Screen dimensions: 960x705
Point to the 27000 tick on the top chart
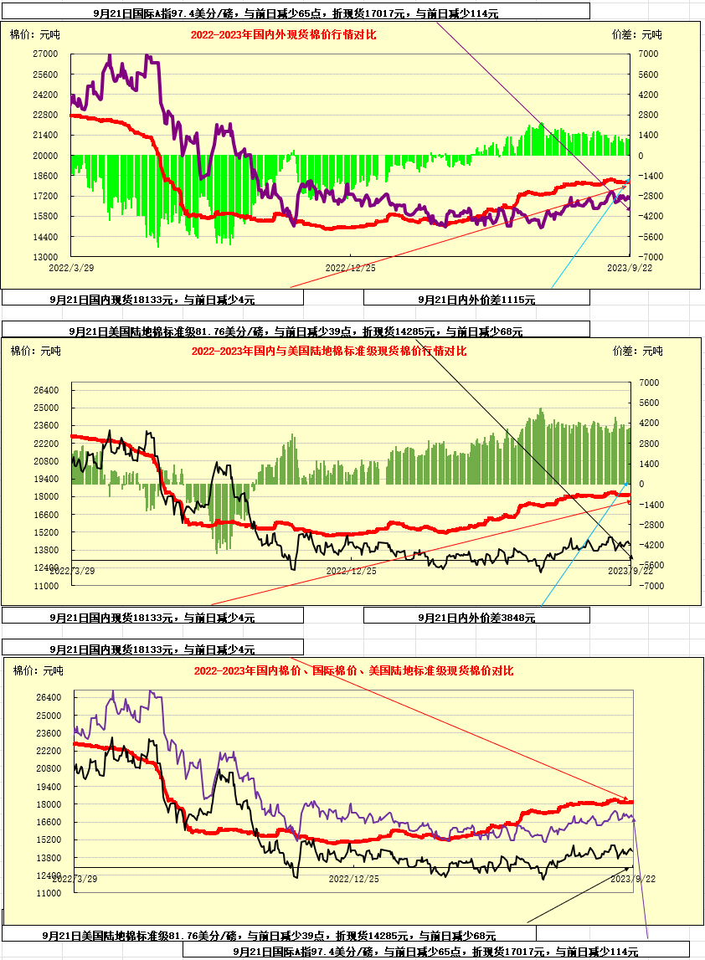click(44, 54)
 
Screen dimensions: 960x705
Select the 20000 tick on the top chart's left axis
click(44, 156)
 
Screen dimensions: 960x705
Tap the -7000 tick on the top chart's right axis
click(650, 257)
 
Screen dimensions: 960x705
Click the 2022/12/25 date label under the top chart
click(350, 268)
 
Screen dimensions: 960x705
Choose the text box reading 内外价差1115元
click(476, 299)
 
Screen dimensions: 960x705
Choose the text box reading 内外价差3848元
click(476, 618)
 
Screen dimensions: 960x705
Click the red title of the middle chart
click(329, 352)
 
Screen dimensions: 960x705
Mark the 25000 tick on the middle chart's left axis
click(46, 408)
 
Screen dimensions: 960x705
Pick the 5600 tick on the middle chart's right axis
click(650, 403)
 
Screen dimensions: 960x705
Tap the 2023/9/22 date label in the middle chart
click(630, 570)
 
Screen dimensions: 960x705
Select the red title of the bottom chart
click(353, 671)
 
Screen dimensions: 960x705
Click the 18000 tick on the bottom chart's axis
click(49, 804)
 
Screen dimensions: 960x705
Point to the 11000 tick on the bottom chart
click(49, 894)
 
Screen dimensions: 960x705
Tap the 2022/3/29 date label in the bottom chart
click(75, 880)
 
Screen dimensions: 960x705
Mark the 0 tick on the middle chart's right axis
click(642, 484)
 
